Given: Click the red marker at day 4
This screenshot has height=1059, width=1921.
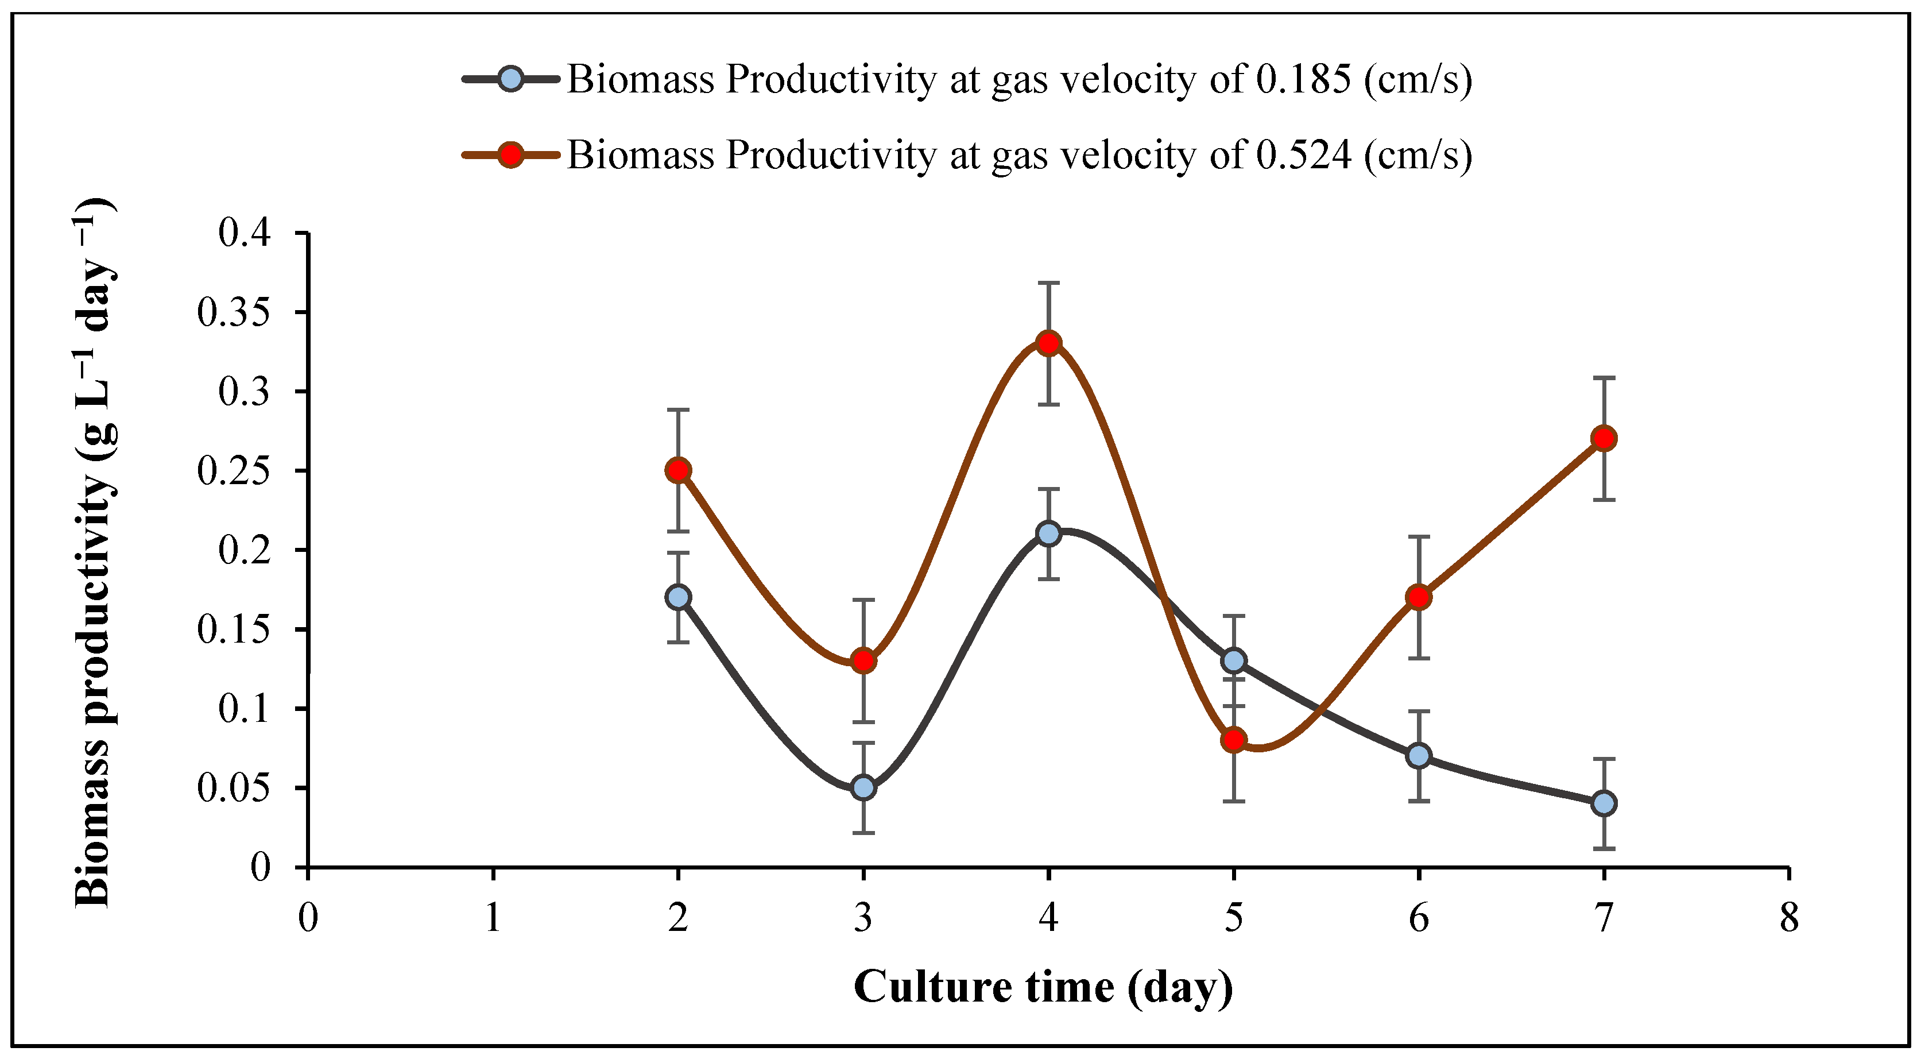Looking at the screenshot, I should (x=1048, y=343).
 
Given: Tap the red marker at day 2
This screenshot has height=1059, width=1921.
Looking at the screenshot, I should (x=678, y=470).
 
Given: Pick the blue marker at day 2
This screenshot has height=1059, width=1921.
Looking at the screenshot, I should (x=678, y=597).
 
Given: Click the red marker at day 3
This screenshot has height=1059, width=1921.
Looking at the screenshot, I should (x=863, y=661).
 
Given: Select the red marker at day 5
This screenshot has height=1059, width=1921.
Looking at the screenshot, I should (x=1234, y=740).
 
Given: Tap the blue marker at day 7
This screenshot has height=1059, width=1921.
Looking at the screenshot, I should (x=1604, y=803).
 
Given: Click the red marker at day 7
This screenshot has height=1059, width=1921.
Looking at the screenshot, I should (x=1604, y=439).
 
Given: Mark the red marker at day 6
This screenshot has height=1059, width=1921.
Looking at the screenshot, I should (x=1419, y=597).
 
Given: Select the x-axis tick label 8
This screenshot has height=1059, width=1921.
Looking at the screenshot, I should (x=1789, y=917).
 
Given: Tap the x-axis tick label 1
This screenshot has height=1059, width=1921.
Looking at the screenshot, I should (x=493, y=917).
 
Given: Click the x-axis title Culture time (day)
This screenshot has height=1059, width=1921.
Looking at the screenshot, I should (x=1043, y=987).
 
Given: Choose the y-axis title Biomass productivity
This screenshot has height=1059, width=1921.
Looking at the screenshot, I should (x=95, y=552).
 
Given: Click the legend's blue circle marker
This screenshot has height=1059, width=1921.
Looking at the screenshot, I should (x=511, y=78).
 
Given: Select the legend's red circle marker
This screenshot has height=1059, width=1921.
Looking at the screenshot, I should (x=511, y=155).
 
